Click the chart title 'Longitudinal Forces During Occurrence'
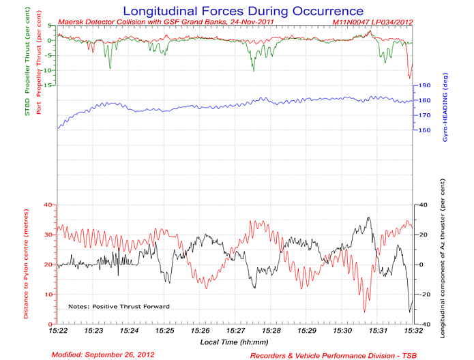tap(242, 11)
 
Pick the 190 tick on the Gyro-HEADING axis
tap(424, 86)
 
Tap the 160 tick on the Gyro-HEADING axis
tap(424, 130)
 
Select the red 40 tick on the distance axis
tap(49, 205)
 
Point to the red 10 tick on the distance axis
tap(49, 294)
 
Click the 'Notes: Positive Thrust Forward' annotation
tap(119, 307)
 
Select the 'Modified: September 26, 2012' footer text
tap(103, 355)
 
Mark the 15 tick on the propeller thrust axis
tap(49, 85)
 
